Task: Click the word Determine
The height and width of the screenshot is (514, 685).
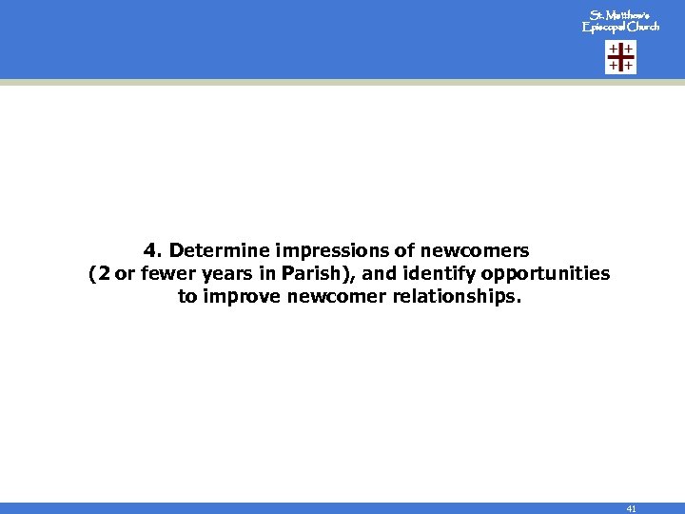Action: [x=219, y=251]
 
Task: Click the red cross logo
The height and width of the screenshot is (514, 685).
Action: [x=621, y=58]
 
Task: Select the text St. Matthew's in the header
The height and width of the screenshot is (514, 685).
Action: [x=620, y=16]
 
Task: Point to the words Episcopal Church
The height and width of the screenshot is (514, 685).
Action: [x=620, y=28]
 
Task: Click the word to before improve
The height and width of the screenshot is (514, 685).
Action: [x=187, y=297]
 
